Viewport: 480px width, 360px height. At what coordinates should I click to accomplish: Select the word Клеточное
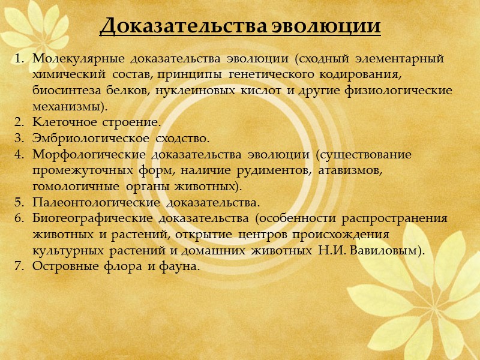[x=61, y=122]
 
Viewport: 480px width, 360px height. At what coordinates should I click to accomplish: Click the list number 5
[x=18, y=202]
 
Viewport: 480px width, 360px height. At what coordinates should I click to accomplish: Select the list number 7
[x=18, y=266]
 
